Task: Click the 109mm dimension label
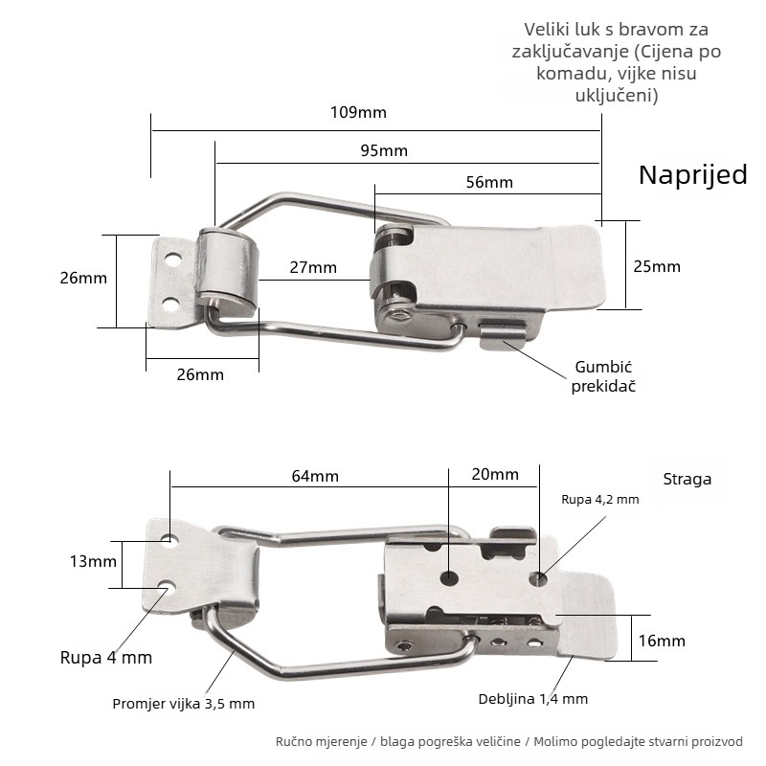[x=358, y=112]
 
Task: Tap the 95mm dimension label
[x=384, y=150]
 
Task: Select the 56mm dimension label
[x=489, y=182]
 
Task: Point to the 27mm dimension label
[x=313, y=268]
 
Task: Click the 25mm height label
[x=657, y=267]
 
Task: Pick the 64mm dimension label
[x=315, y=476]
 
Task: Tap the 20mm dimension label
[x=495, y=474]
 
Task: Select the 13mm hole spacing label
[x=93, y=561]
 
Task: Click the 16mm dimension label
[x=662, y=641]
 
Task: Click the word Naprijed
[x=692, y=175]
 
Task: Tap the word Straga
[x=687, y=480]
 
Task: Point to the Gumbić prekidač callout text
[x=603, y=376]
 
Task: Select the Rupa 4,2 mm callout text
[x=600, y=499]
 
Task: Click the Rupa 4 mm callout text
[x=106, y=658]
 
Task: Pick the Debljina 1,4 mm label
[x=533, y=699]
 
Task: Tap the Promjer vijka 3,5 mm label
[x=183, y=704]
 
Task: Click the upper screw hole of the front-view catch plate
[x=172, y=259]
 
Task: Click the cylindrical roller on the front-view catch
[x=227, y=270]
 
